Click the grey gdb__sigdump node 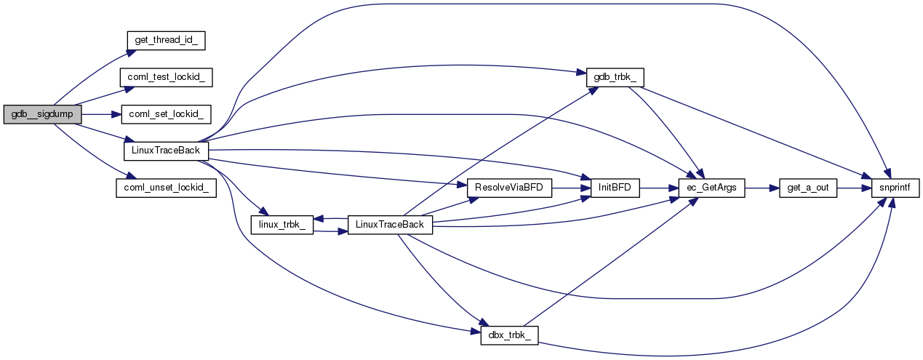[42, 114]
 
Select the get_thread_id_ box [166, 40]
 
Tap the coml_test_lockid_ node [166, 77]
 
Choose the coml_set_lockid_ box [166, 114]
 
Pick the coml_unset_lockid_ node [166, 187]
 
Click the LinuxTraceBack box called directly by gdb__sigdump [166, 151]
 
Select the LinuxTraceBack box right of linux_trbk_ [390, 224]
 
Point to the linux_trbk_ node [281, 224]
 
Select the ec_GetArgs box [711, 188]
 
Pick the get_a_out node [808, 188]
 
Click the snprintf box [896, 188]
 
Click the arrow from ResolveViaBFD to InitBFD [571, 188]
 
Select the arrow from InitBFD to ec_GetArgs [658, 188]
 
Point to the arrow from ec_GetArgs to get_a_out [761, 188]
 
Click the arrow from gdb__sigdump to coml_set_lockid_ [95, 114]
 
